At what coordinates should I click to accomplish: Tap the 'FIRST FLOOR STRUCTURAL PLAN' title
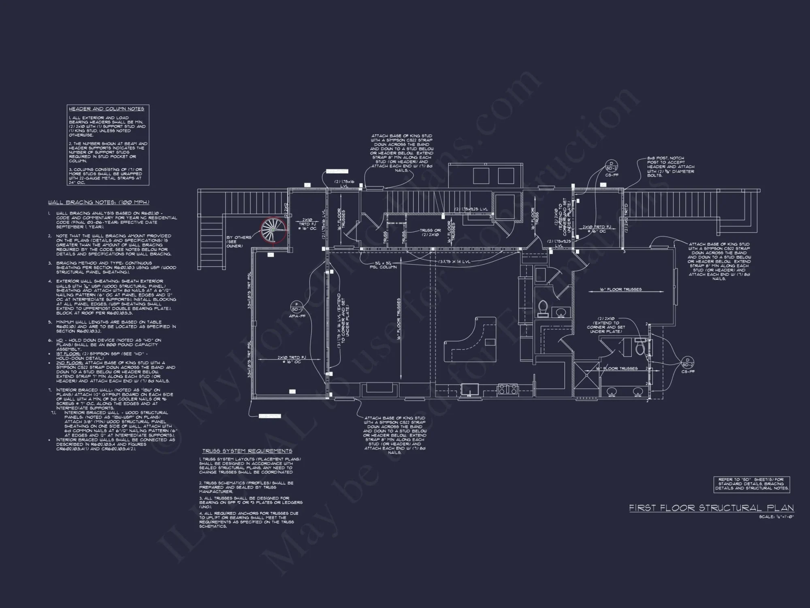[711, 508]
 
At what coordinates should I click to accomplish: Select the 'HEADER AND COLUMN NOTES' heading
[107, 109]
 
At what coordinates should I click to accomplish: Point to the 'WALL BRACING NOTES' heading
[98, 202]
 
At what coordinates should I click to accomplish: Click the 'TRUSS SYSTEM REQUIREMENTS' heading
[247, 451]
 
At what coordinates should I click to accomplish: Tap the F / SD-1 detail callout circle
[296, 306]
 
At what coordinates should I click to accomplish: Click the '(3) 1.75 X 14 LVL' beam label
[454, 262]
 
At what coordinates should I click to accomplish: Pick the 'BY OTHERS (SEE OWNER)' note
[239, 242]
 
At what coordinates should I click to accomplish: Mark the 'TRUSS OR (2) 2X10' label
[430, 232]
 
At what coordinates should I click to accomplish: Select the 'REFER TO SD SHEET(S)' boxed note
[751, 484]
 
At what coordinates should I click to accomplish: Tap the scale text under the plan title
[776, 517]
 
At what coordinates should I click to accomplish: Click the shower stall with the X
[586, 375]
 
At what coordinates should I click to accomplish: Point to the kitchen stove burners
[507, 389]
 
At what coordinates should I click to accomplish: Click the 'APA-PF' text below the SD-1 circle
[297, 316]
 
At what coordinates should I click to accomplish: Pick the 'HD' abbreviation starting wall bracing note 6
[60, 340]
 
